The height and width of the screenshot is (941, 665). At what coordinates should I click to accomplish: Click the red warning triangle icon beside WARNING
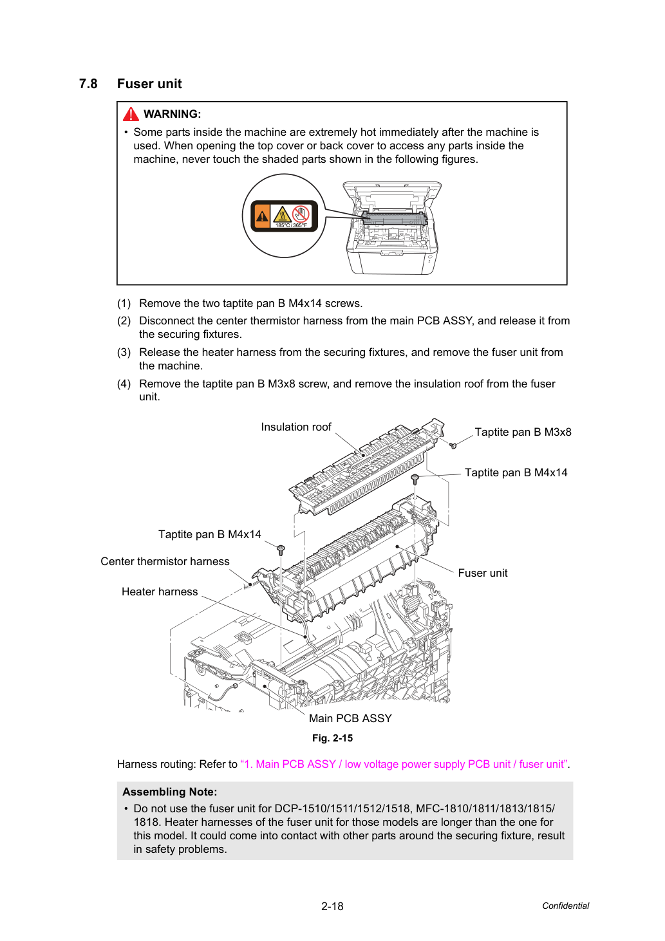click(x=131, y=114)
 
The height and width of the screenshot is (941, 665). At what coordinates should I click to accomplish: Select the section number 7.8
click(x=88, y=84)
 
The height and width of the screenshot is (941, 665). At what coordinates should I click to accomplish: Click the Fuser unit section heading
click(x=149, y=84)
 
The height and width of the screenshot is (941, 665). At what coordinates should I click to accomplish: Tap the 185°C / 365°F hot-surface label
click(x=284, y=216)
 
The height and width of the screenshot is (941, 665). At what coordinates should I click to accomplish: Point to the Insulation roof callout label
click(x=295, y=427)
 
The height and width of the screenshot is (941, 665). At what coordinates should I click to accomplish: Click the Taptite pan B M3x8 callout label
click(x=523, y=432)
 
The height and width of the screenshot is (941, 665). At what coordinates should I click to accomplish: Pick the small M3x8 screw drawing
click(x=453, y=445)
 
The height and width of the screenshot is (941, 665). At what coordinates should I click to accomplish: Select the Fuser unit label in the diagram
click(x=482, y=573)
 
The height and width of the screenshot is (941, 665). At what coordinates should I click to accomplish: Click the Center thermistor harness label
click(x=165, y=561)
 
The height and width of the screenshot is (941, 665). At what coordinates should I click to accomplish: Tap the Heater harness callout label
click(x=160, y=592)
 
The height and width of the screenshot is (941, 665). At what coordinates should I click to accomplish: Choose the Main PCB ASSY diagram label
click(x=350, y=718)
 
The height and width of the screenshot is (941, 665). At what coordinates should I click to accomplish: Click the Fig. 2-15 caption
click(x=332, y=738)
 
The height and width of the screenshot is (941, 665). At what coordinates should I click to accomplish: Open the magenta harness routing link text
click(x=404, y=764)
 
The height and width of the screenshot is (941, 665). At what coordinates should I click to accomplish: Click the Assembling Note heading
click(x=170, y=792)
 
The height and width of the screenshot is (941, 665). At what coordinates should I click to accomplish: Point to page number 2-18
click(x=332, y=906)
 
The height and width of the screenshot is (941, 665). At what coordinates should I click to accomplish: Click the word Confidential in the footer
click(x=565, y=906)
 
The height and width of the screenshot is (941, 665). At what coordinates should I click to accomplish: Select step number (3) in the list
click(x=124, y=352)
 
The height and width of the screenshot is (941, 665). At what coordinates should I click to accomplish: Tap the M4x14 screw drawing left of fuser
click(x=281, y=549)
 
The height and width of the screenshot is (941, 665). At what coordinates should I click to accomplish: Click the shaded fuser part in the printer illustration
click(x=395, y=218)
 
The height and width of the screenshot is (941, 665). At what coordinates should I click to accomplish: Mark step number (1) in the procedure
click(x=124, y=303)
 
